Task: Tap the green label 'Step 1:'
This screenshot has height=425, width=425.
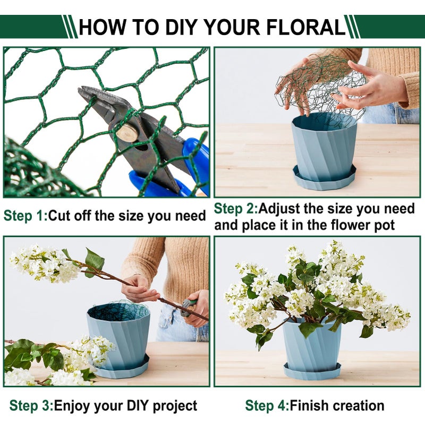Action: click(25, 216)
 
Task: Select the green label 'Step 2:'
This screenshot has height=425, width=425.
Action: click(236, 209)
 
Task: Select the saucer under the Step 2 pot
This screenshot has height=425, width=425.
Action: click(324, 182)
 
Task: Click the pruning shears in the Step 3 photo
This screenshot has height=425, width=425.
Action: click(189, 307)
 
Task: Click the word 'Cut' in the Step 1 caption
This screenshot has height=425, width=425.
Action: click(60, 216)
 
